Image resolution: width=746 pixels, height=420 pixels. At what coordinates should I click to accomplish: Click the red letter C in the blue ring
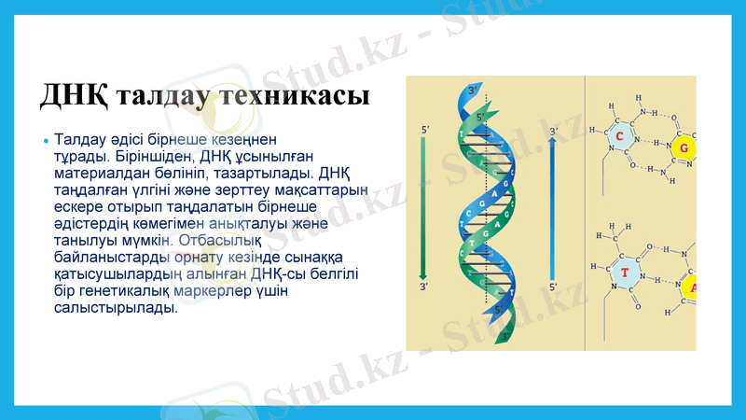[619, 137]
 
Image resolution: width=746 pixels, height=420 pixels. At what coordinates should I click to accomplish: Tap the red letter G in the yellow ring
[684, 149]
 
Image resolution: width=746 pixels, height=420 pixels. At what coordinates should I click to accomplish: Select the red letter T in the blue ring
[624, 273]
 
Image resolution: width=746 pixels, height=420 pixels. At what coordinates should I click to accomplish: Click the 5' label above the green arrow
[425, 129]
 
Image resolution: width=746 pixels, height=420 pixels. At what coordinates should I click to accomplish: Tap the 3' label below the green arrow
[425, 287]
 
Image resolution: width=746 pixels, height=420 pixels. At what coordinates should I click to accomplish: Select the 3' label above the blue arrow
[552, 132]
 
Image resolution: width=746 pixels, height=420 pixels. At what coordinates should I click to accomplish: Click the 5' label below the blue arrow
[552, 287]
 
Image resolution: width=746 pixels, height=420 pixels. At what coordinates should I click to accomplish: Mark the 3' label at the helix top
[474, 90]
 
